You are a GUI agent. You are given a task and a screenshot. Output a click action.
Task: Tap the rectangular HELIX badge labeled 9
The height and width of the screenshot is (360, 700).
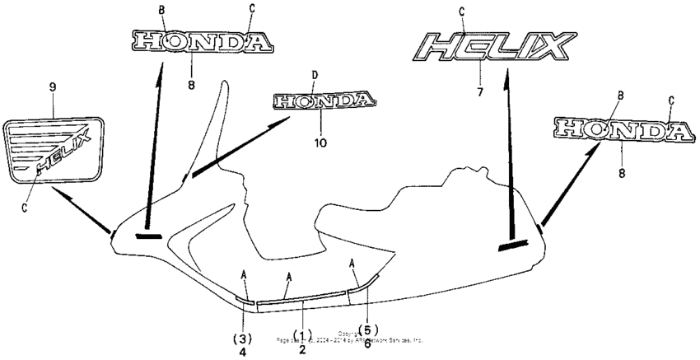55,148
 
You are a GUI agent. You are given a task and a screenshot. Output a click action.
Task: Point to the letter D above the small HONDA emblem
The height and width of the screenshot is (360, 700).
314,76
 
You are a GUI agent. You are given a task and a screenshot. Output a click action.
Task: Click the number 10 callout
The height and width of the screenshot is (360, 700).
320,142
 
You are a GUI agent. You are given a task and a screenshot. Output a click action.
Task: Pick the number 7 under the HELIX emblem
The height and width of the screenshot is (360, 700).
478,91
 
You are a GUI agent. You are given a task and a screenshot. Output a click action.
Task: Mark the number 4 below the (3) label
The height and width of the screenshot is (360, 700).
243,352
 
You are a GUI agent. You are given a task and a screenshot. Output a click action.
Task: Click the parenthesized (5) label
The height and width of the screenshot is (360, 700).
368,330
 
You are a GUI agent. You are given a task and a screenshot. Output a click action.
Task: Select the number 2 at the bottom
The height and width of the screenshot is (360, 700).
303,349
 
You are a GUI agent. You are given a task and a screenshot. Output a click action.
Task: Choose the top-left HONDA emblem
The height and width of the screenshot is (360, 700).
203,42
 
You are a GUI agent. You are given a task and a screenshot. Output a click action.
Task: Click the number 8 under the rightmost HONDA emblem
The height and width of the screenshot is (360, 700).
622,174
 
